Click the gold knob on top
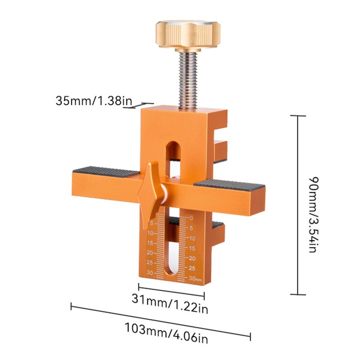point(188,36)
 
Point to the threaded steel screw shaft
point(188,81)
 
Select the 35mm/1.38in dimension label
point(94,100)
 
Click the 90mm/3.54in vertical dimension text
point(313,215)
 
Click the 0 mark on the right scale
point(192,218)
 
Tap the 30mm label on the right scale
point(195,279)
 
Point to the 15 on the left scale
point(150,243)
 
